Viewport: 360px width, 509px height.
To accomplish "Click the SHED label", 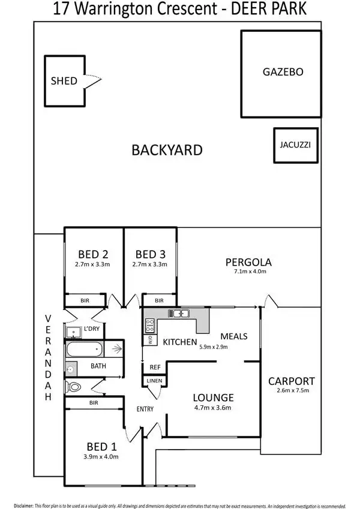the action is (x=64, y=81).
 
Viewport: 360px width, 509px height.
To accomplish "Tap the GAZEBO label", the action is (x=283, y=72).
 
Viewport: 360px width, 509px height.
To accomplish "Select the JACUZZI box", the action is (x=295, y=145).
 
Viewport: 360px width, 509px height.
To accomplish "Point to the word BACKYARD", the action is (x=167, y=150).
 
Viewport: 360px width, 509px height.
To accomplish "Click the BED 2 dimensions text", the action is (x=92, y=264).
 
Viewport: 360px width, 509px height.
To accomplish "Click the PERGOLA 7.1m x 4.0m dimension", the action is (x=248, y=272).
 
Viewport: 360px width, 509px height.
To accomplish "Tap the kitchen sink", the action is (x=178, y=313).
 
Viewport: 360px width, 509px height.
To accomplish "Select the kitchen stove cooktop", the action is (x=149, y=326).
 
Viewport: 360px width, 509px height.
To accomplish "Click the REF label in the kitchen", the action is (x=155, y=367).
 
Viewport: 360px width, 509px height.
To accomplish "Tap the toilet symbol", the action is (x=74, y=387).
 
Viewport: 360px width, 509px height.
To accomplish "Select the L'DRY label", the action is (x=92, y=329).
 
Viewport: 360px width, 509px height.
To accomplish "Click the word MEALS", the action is (x=233, y=336).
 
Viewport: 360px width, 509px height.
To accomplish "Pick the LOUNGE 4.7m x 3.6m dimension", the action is (x=213, y=408).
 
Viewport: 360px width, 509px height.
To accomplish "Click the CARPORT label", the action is (x=291, y=381).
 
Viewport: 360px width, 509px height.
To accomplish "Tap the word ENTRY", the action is (x=145, y=409).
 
